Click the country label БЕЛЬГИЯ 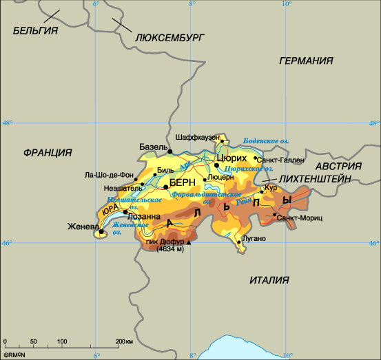coord(35,30)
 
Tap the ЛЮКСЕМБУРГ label coord(169,38)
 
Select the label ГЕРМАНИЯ coord(311,61)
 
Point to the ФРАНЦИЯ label coord(48,152)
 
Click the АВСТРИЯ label coord(338,166)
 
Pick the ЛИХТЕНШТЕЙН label coord(316,178)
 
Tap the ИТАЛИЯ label coord(270,280)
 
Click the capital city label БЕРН coord(183,182)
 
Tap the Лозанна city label coord(146,215)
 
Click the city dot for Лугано coord(239,242)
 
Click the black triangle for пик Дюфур coord(189,243)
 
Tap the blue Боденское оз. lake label coord(266,140)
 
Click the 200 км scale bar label coord(124,341)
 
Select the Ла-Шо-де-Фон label coord(109,174)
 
